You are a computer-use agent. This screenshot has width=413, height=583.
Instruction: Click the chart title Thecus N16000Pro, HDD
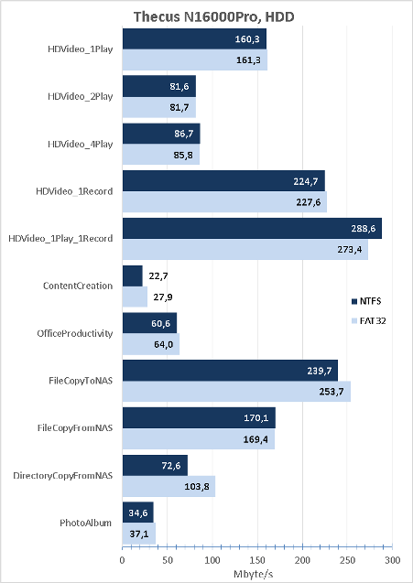click(214, 16)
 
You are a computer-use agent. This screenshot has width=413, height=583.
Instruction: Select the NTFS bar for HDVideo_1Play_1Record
click(252, 228)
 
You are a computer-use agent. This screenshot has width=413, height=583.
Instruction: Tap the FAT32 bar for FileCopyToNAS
click(236, 391)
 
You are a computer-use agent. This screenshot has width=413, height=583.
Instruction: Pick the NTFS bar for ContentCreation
click(133, 275)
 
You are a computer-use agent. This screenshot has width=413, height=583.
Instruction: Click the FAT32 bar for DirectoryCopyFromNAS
click(168, 486)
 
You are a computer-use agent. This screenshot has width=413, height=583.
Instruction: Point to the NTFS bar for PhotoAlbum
click(138, 513)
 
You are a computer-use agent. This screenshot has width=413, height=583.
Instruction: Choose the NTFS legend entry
click(366, 301)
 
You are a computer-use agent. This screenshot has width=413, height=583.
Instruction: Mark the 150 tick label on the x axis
click(257, 560)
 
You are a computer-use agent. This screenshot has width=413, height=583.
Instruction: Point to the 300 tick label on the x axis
click(392, 560)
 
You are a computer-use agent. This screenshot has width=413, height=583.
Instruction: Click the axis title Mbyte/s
click(254, 574)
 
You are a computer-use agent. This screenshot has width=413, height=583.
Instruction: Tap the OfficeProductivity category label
click(75, 333)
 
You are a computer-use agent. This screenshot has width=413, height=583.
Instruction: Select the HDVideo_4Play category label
click(80, 145)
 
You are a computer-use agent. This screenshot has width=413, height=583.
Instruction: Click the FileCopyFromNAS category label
click(75, 428)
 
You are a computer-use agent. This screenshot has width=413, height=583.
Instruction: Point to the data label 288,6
click(364, 228)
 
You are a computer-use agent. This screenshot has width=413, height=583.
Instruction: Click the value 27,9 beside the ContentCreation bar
click(163, 297)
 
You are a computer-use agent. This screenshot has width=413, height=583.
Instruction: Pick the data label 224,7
click(306, 181)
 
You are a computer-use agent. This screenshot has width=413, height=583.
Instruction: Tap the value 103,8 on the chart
click(197, 486)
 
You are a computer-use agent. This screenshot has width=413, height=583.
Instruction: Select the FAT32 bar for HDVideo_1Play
click(195, 59)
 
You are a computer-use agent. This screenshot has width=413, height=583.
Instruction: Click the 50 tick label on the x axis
click(168, 560)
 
